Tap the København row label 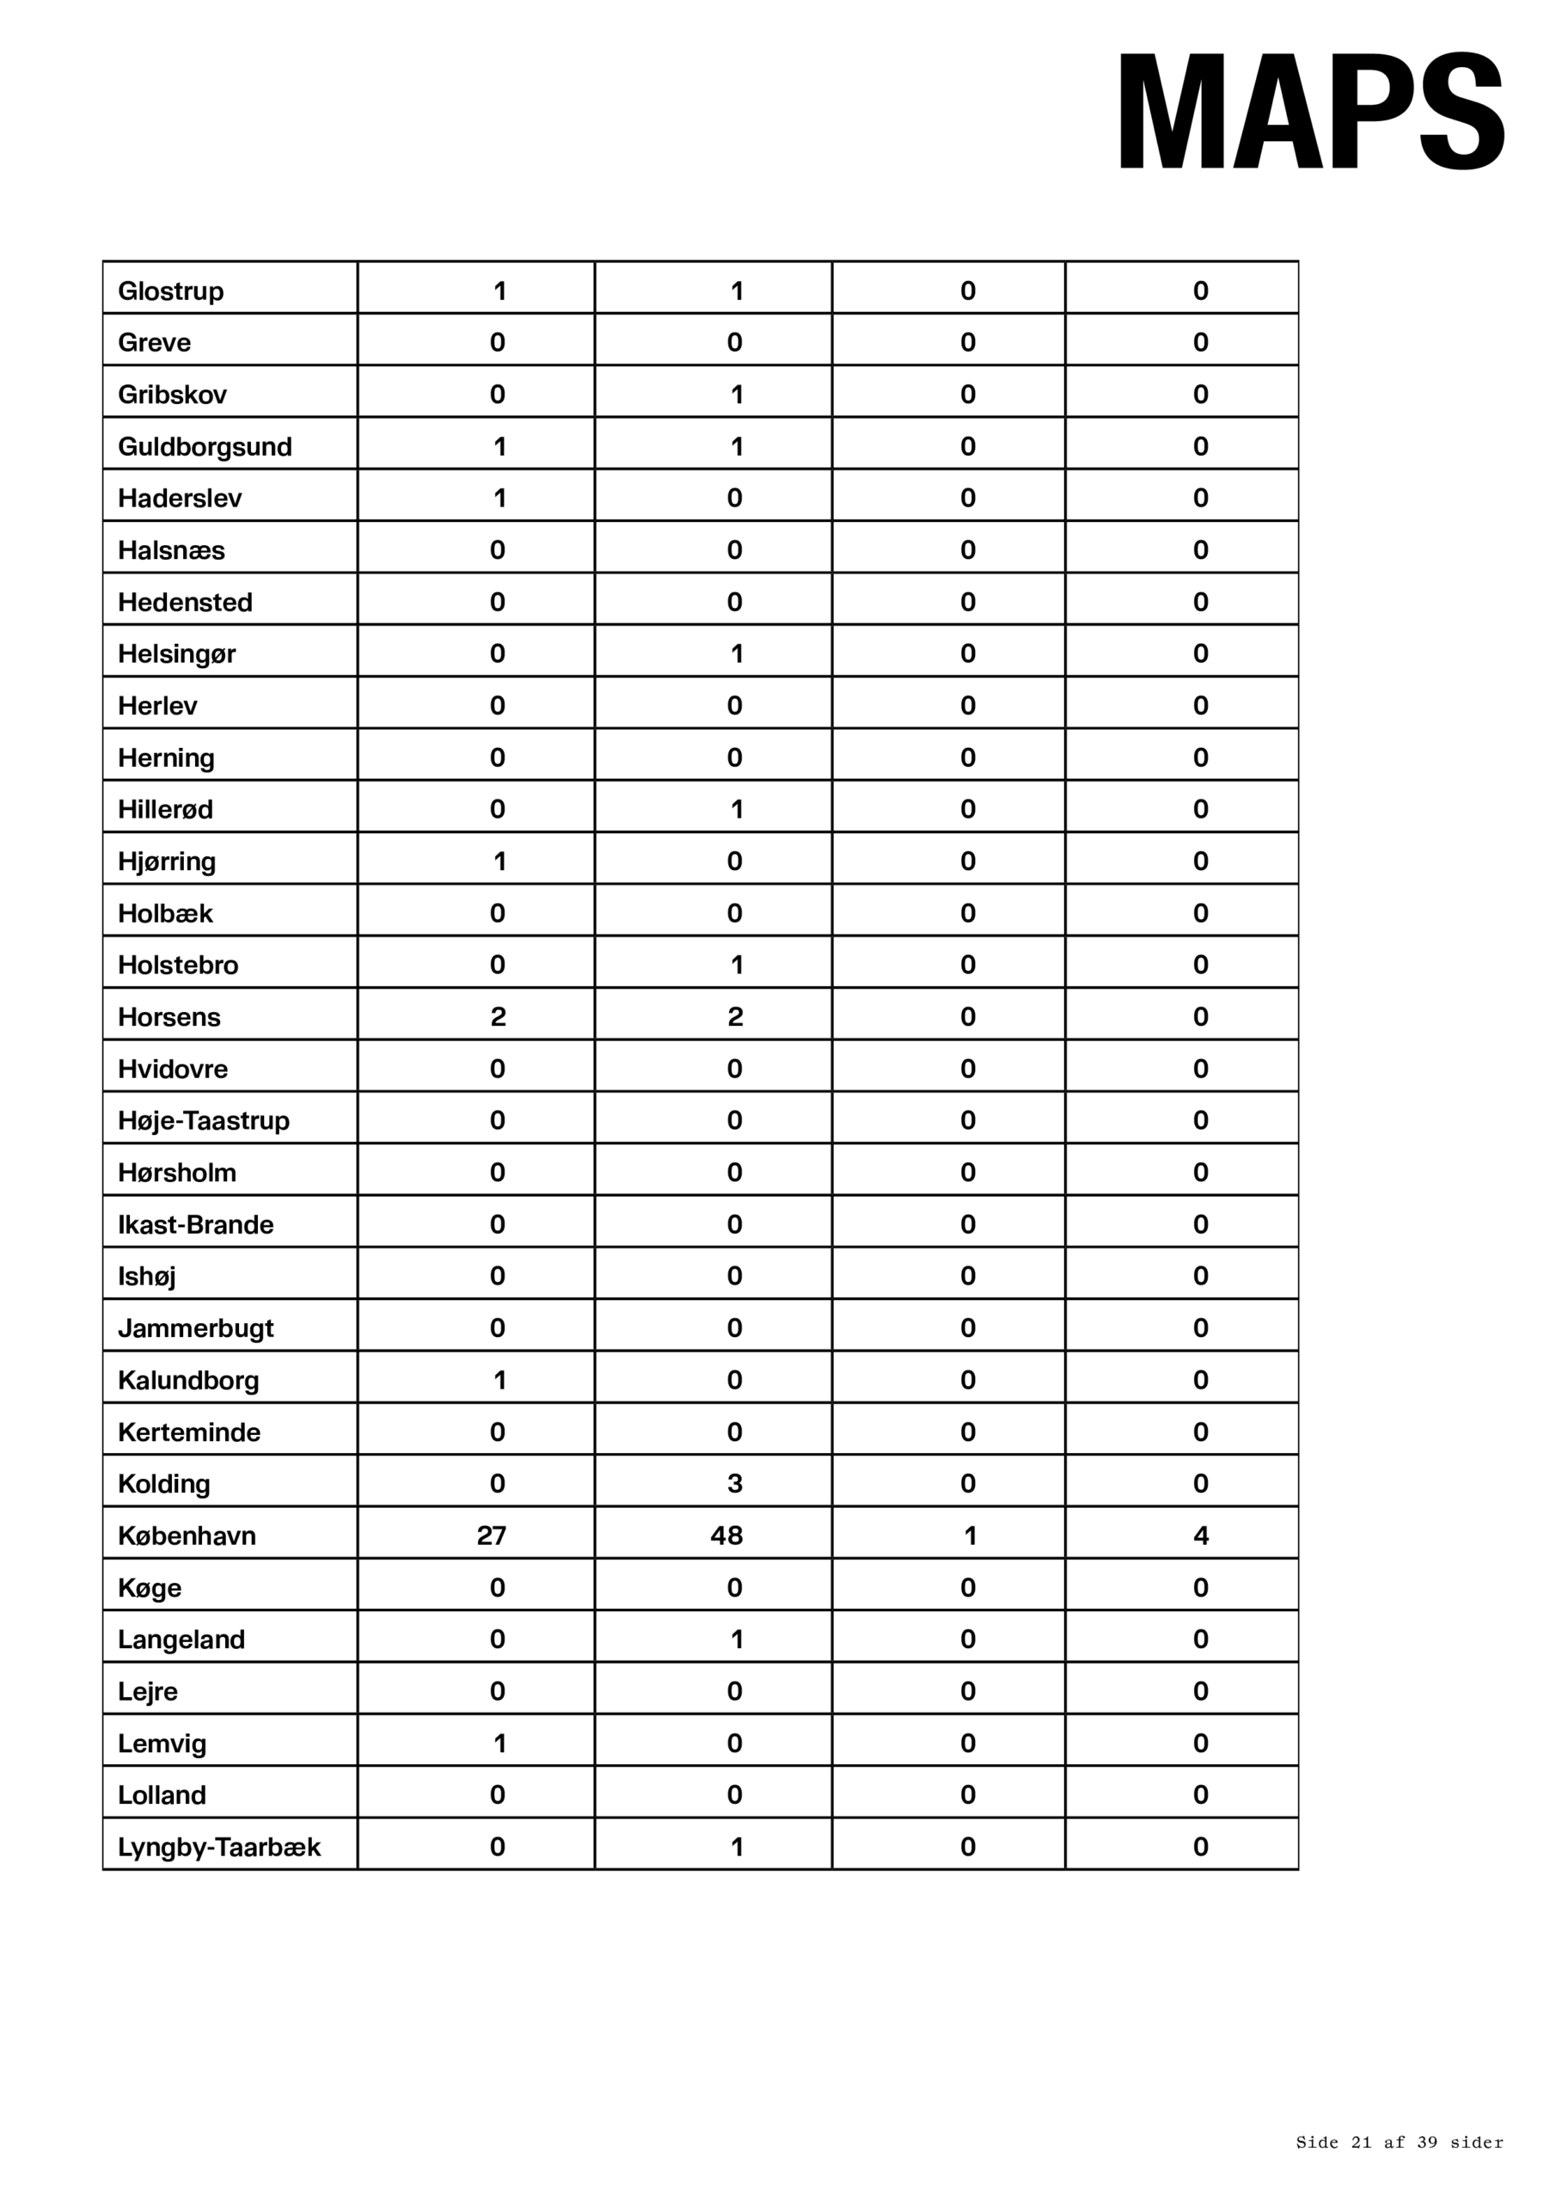[187, 1536]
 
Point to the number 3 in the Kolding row [734, 1484]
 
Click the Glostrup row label [171, 291]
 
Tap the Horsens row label [168, 1017]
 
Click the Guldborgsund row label [205, 447]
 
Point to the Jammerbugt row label [196, 1328]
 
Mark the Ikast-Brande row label [196, 1225]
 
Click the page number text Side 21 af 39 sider [1399, 2143]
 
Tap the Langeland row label [181, 1640]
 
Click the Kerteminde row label [189, 1432]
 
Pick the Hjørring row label [167, 861]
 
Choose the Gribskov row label [173, 395]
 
